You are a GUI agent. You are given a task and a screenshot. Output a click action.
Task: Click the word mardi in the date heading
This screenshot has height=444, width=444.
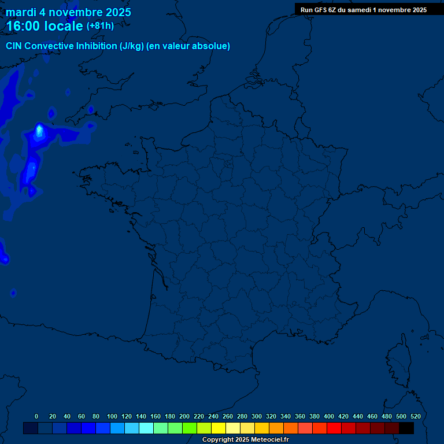pyautogui.click(x=21, y=12)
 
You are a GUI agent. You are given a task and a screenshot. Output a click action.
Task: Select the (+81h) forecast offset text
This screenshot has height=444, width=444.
pyautogui.click(x=100, y=26)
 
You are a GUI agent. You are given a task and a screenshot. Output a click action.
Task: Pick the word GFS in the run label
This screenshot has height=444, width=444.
pyautogui.click(x=319, y=10)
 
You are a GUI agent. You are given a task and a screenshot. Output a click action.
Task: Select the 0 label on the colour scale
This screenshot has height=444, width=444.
pyautogui.click(x=36, y=416)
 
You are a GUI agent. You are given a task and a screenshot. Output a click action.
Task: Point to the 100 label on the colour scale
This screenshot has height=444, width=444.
pyautogui.click(x=112, y=416)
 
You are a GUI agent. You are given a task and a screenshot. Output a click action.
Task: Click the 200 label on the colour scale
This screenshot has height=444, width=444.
pyautogui.click(x=184, y=416)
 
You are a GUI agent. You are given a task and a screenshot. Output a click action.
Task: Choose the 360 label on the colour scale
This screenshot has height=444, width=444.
pyautogui.click(x=299, y=416)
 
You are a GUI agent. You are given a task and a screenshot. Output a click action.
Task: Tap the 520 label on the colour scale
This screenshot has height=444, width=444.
pyautogui.click(x=415, y=416)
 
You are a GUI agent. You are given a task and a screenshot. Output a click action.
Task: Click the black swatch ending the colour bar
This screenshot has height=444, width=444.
pyautogui.click(x=406, y=428)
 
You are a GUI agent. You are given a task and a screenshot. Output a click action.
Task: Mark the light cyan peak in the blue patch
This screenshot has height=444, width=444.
pyautogui.click(x=39, y=131)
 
